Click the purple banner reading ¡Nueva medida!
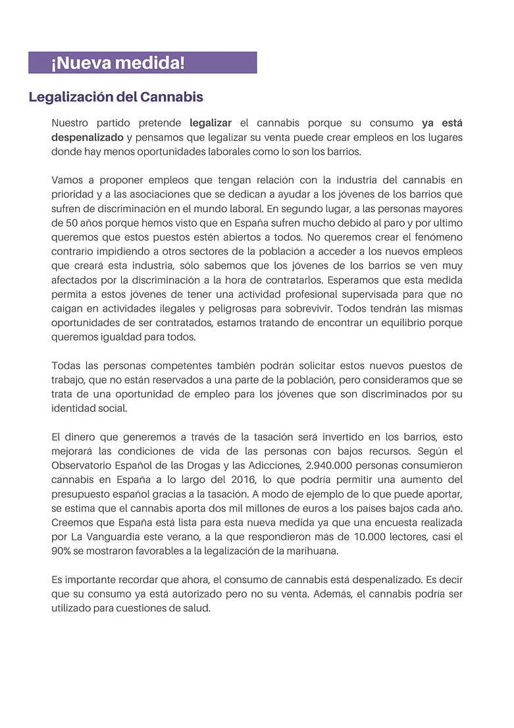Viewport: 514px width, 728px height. point(142,63)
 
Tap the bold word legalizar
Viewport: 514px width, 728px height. point(211,123)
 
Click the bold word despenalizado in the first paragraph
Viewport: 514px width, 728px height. point(88,137)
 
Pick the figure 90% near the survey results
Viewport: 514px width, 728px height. point(62,551)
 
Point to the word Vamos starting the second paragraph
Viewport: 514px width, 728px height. point(66,180)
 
